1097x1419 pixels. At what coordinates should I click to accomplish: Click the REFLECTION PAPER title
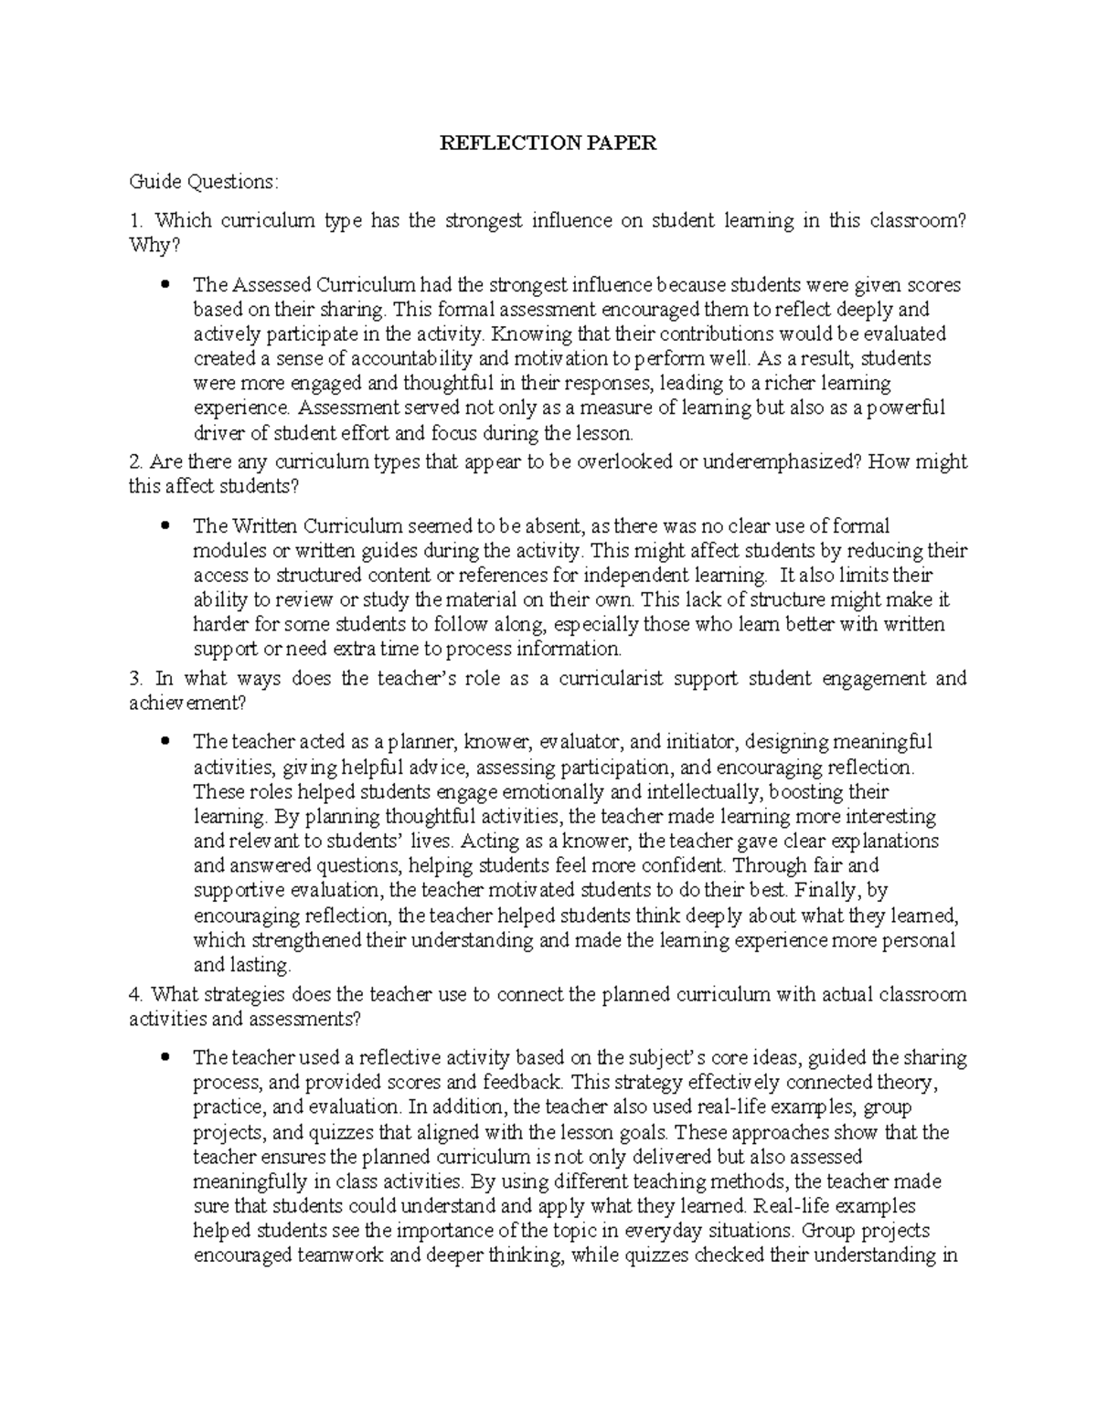[548, 143]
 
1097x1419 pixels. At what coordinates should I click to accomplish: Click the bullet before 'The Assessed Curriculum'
[165, 285]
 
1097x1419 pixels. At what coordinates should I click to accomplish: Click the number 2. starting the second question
[136, 462]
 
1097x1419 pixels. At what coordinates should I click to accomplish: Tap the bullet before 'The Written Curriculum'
[165, 526]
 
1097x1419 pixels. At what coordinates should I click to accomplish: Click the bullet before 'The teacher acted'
[165, 742]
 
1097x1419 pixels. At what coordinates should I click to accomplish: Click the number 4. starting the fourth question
[136, 995]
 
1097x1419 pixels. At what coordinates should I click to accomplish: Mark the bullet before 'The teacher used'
[165, 1059]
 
